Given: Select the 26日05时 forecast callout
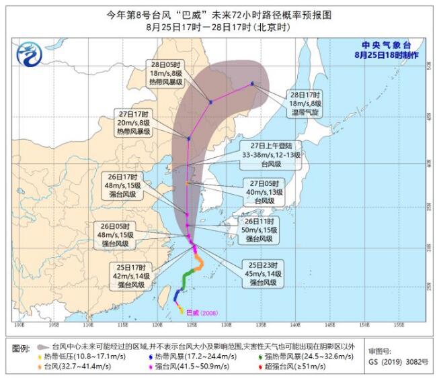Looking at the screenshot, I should click(x=124, y=232).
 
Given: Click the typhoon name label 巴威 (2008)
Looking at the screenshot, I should click(x=202, y=312).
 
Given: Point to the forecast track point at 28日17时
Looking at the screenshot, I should click(x=252, y=84).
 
